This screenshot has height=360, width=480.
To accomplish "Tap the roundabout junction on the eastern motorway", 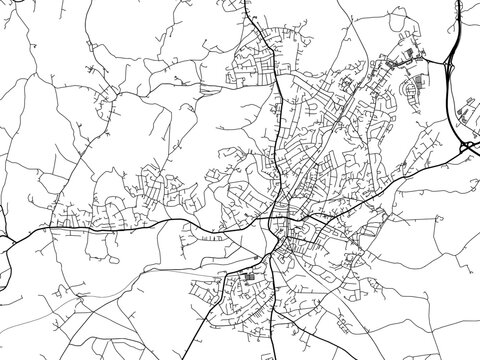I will coord(467,147).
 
